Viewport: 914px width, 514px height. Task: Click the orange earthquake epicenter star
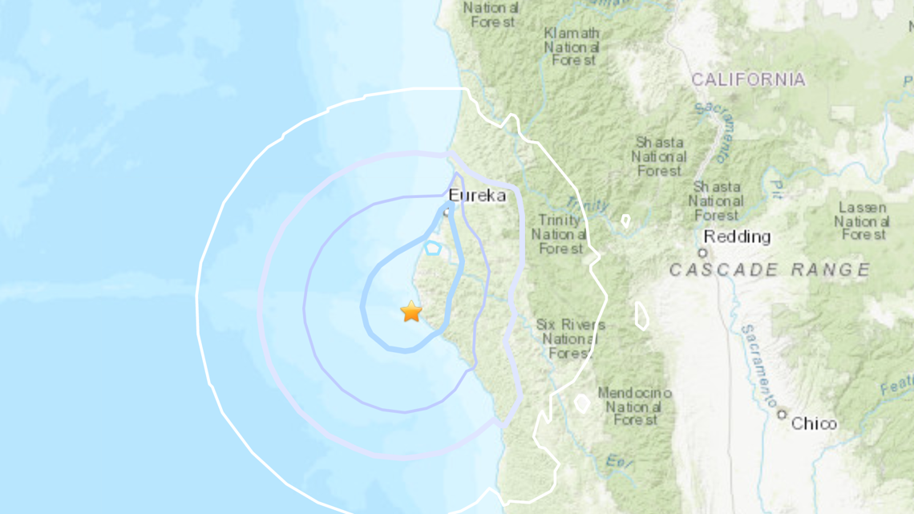click(x=411, y=312)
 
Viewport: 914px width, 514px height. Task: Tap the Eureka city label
click(x=477, y=196)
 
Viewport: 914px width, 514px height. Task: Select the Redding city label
click(x=737, y=237)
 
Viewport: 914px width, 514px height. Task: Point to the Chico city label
click(x=814, y=423)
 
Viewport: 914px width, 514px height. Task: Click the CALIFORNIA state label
click(x=748, y=79)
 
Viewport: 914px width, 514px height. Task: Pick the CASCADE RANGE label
click(x=770, y=270)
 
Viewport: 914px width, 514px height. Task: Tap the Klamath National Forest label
click(x=571, y=47)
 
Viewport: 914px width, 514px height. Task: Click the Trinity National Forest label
click(x=561, y=234)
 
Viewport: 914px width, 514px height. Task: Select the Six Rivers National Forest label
click(x=570, y=339)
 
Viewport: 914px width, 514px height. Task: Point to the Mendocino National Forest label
click(x=634, y=407)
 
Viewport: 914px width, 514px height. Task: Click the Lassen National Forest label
click(x=862, y=221)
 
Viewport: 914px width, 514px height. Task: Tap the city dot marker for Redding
click(x=703, y=253)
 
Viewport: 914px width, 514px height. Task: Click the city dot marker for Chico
click(x=782, y=415)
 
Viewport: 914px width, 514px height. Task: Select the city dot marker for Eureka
click(x=447, y=213)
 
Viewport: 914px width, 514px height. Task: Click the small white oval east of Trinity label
click(x=625, y=220)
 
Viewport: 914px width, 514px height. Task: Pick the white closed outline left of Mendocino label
click(x=582, y=403)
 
